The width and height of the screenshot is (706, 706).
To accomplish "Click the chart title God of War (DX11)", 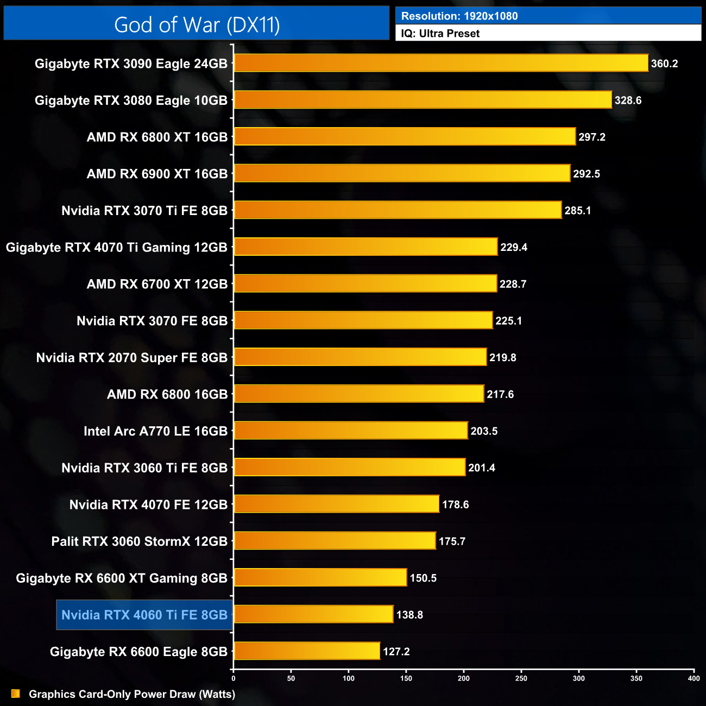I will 197,25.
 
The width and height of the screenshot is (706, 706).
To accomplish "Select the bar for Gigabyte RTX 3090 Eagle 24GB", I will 441,63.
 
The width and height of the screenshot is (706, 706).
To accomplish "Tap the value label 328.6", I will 628,100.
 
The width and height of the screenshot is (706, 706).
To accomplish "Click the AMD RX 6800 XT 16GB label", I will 157,137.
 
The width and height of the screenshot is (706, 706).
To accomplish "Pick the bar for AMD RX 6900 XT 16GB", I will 402,173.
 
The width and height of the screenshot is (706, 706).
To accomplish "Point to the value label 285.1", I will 577,211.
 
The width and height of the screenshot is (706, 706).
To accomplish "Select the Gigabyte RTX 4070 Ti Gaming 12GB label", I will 116,248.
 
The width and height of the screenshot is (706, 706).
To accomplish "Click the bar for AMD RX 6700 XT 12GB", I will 365,283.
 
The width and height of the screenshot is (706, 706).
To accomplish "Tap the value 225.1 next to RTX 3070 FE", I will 508,321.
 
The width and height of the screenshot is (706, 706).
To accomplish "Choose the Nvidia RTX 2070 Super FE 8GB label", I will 131,358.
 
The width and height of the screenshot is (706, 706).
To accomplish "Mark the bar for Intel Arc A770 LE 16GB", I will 350,431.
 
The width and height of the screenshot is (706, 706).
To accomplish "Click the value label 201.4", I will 481,468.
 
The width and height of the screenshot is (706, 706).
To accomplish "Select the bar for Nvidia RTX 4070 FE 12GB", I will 336,504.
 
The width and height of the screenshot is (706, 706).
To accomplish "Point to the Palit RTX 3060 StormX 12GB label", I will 139,541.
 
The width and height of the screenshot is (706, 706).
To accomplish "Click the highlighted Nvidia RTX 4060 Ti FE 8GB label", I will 144,615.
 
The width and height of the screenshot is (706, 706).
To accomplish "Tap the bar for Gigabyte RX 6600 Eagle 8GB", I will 307,651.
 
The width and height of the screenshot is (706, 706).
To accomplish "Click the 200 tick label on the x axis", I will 464,678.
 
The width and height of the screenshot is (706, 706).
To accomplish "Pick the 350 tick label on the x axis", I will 636,678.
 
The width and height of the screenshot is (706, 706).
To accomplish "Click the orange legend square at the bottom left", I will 16,694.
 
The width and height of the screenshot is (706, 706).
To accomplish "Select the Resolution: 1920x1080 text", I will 459,16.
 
